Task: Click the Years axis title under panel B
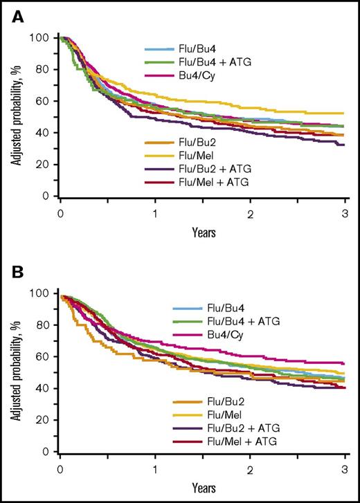pos(202,488)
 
